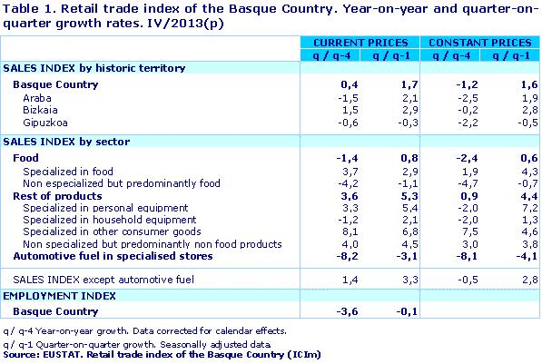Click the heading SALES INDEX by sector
tap(66, 143)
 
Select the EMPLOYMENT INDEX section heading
tap(60, 296)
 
